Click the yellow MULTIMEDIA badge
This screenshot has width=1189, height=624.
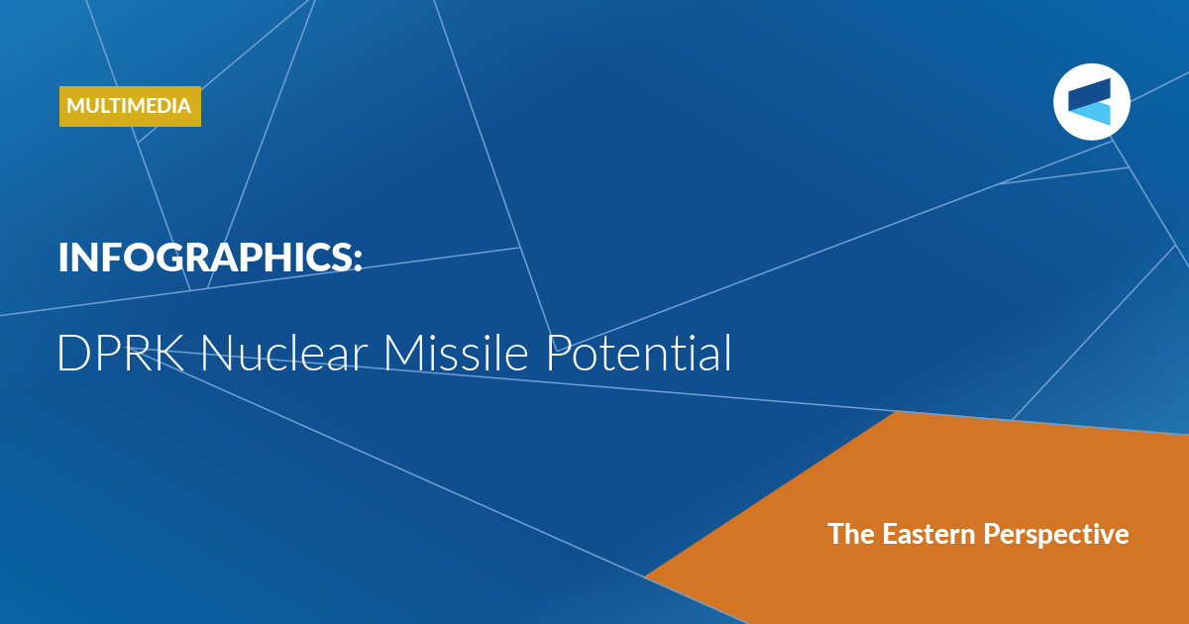point(130,106)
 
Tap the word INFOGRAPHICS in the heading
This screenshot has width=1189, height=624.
point(205,258)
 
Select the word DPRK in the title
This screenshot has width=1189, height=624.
point(121,353)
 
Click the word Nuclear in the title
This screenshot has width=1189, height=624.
point(284,353)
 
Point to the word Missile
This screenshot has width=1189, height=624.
point(456,353)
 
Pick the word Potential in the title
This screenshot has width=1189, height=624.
point(638,353)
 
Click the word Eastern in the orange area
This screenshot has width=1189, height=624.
point(929,533)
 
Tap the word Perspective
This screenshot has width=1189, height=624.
point(1056,535)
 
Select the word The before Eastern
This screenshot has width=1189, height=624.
point(851,533)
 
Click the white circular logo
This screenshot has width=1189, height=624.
point(1092,102)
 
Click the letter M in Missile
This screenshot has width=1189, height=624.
point(403,354)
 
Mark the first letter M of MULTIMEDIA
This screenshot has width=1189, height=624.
point(76,106)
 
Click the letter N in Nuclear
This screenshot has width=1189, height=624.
point(217,354)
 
